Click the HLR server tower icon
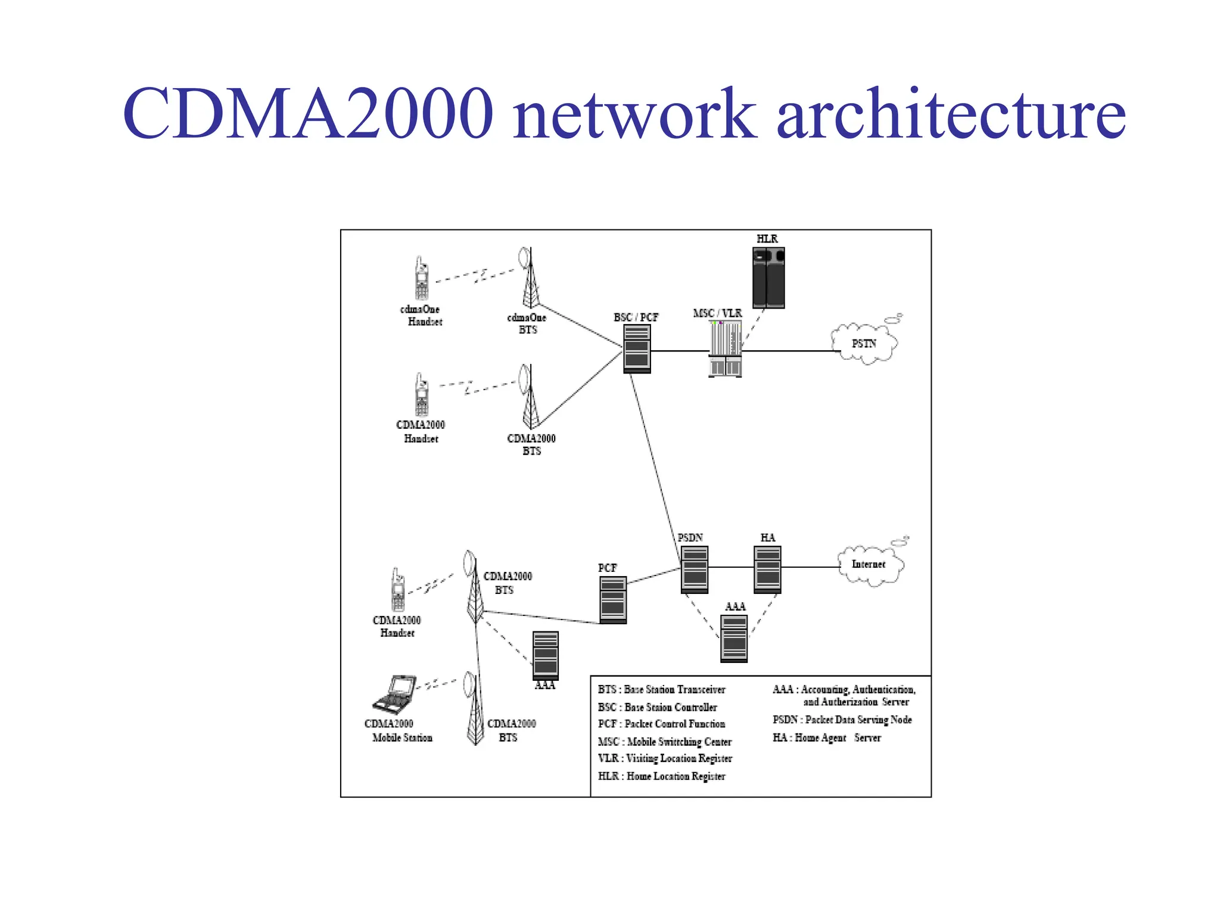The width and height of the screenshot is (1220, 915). [x=768, y=278]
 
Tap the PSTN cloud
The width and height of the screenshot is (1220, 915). [x=863, y=344]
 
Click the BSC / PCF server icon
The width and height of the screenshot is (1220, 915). [x=637, y=349]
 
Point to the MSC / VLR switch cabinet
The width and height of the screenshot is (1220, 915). [x=725, y=349]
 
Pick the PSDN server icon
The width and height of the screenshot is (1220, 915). [x=695, y=569]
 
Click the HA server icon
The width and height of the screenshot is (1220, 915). [x=767, y=569]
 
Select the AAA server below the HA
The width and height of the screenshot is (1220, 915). [x=734, y=639]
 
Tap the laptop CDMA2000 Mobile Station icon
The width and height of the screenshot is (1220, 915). [x=394, y=695]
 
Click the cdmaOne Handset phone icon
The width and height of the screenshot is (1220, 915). [x=422, y=279]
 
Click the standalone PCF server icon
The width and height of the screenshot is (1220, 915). [x=613, y=599]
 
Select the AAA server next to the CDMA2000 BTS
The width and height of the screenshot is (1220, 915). [x=545, y=655]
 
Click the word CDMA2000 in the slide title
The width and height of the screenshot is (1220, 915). [x=307, y=113]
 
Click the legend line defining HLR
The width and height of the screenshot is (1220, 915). [x=661, y=776]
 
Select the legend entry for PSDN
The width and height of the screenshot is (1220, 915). [x=842, y=720]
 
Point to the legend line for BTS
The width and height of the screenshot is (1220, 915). [x=661, y=689]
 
